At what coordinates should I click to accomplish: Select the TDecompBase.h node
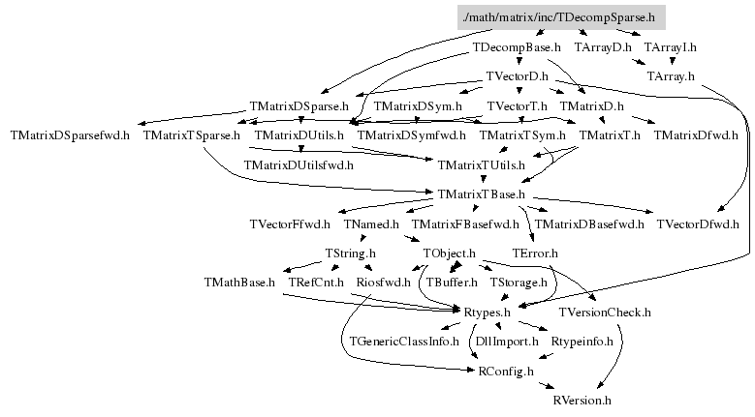517,46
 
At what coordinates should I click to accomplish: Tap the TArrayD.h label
603,46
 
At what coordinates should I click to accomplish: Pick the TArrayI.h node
670,46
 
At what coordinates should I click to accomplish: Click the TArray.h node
668,75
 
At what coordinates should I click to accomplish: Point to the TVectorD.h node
517,75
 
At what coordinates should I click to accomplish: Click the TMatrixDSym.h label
418,105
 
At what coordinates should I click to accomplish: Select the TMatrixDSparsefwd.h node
69,135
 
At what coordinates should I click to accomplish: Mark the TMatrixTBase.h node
481,194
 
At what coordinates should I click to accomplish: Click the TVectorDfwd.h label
697,224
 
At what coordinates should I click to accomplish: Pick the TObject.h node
448,253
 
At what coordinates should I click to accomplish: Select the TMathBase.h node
239,283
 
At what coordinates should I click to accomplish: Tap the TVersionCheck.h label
605,313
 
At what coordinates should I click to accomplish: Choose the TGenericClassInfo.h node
404,342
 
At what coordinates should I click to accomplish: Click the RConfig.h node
504,372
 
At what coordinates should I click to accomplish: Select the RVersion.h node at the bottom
582,400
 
